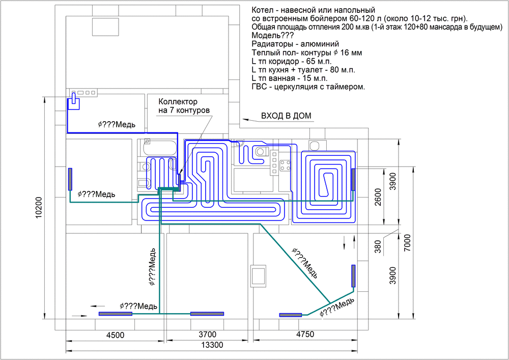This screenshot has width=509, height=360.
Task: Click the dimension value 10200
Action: coord(39,207)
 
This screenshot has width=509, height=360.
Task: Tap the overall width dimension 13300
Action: coord(212,345)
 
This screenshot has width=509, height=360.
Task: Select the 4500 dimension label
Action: coord(115,335)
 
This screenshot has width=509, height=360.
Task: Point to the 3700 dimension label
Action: coord(208,335)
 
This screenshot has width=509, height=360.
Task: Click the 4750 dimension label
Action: coord(305,334)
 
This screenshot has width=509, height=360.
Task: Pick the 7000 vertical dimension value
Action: coord(407,243)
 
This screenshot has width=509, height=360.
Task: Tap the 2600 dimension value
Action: coord(378,197)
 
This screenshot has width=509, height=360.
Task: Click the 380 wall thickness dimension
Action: coord(378,246)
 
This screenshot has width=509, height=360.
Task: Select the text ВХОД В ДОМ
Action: coord(286,116)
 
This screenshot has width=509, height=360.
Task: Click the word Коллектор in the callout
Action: coord(178,102)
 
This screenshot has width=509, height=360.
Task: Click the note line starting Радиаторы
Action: coord(295,44)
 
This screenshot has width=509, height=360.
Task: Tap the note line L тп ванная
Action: coord(290,78)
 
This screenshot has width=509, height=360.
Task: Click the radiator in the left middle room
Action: coord(70,179)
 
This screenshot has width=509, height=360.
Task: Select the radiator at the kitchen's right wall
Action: coord(353,180)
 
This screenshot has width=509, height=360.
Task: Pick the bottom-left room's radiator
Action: coord(116,314)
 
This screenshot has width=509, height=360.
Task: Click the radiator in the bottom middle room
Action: coord(207,314)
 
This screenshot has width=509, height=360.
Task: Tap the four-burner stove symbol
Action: coord(285,165)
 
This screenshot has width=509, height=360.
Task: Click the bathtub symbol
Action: coord(160,147)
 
